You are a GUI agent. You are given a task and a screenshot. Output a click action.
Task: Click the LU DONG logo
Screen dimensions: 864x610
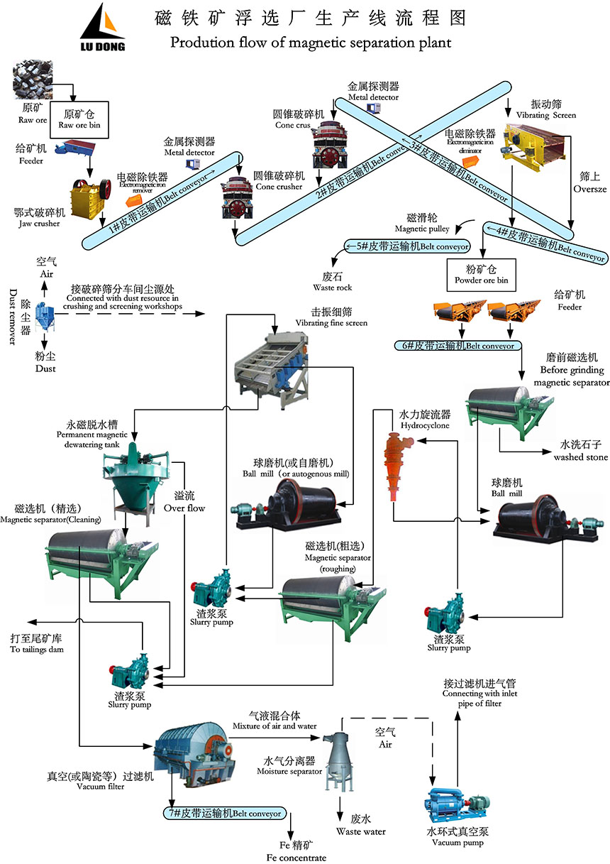[x=102, y=28]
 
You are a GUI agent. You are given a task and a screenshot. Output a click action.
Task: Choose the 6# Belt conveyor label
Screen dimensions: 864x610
[x=459, y=346]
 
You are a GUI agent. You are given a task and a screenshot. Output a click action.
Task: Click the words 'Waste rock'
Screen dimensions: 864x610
[x=333, y=288]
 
